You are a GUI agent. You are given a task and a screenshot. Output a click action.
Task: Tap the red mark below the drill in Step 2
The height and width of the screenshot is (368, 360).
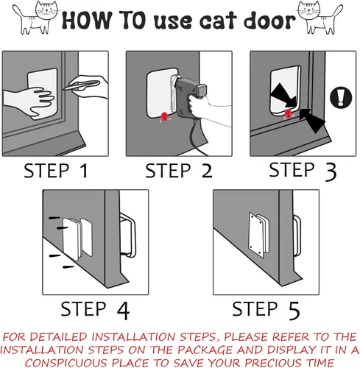point(163,116)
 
